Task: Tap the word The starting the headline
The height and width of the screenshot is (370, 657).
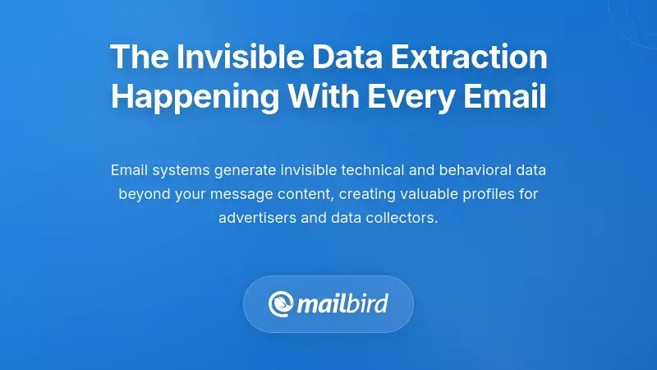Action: [x=136, y=57]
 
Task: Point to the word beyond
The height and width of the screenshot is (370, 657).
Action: [x=141, y=195]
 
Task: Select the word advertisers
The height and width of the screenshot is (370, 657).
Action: [x=255, y=219]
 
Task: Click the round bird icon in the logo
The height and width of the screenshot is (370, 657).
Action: [x=281, y=305]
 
